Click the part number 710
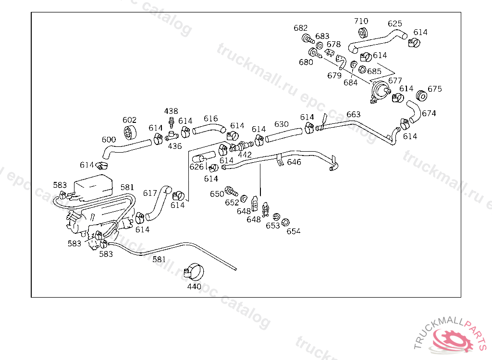(x=361, y=21)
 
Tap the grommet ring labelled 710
(x=363, y=33)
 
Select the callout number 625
(x=394, y=24)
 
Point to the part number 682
(x=301, y=28)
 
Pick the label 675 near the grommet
(x=434, y=89)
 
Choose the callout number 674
(x=429, y=113)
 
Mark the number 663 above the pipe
(x=353, y=114)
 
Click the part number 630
(x=282, y=124)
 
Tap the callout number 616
(x=210, y=119)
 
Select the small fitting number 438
(x=171, y=111)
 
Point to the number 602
(x=129, y=120)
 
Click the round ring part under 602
(x=129, y=132)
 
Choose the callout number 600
(x=109, y=140)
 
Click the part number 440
(x=194, y=287)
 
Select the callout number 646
(x=294, y=162)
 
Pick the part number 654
(x=293, y=231)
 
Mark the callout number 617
(x=150, y=193)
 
